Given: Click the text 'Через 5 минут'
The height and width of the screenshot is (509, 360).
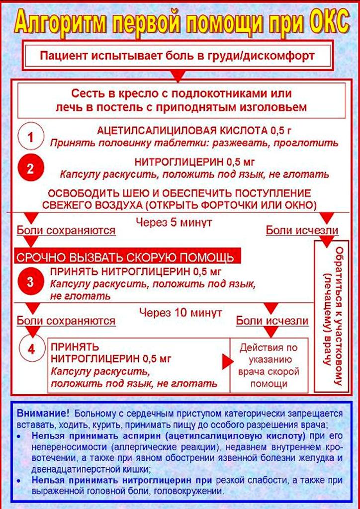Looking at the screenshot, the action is coord(174,223).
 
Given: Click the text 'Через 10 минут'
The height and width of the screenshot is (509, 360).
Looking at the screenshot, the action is coord(181,312).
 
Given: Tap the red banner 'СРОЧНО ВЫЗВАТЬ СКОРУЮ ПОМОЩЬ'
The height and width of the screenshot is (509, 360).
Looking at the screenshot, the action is coord(127,257).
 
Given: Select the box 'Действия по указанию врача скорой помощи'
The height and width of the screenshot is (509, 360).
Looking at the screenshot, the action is coord(269,365).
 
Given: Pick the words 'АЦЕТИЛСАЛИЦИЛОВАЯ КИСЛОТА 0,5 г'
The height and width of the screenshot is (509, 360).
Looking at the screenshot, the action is coord(194,131).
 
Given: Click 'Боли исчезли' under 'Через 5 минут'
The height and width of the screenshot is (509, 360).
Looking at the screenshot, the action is coord(302,231).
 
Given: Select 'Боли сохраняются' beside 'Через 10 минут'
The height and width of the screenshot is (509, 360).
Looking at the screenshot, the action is coord(66,321).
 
